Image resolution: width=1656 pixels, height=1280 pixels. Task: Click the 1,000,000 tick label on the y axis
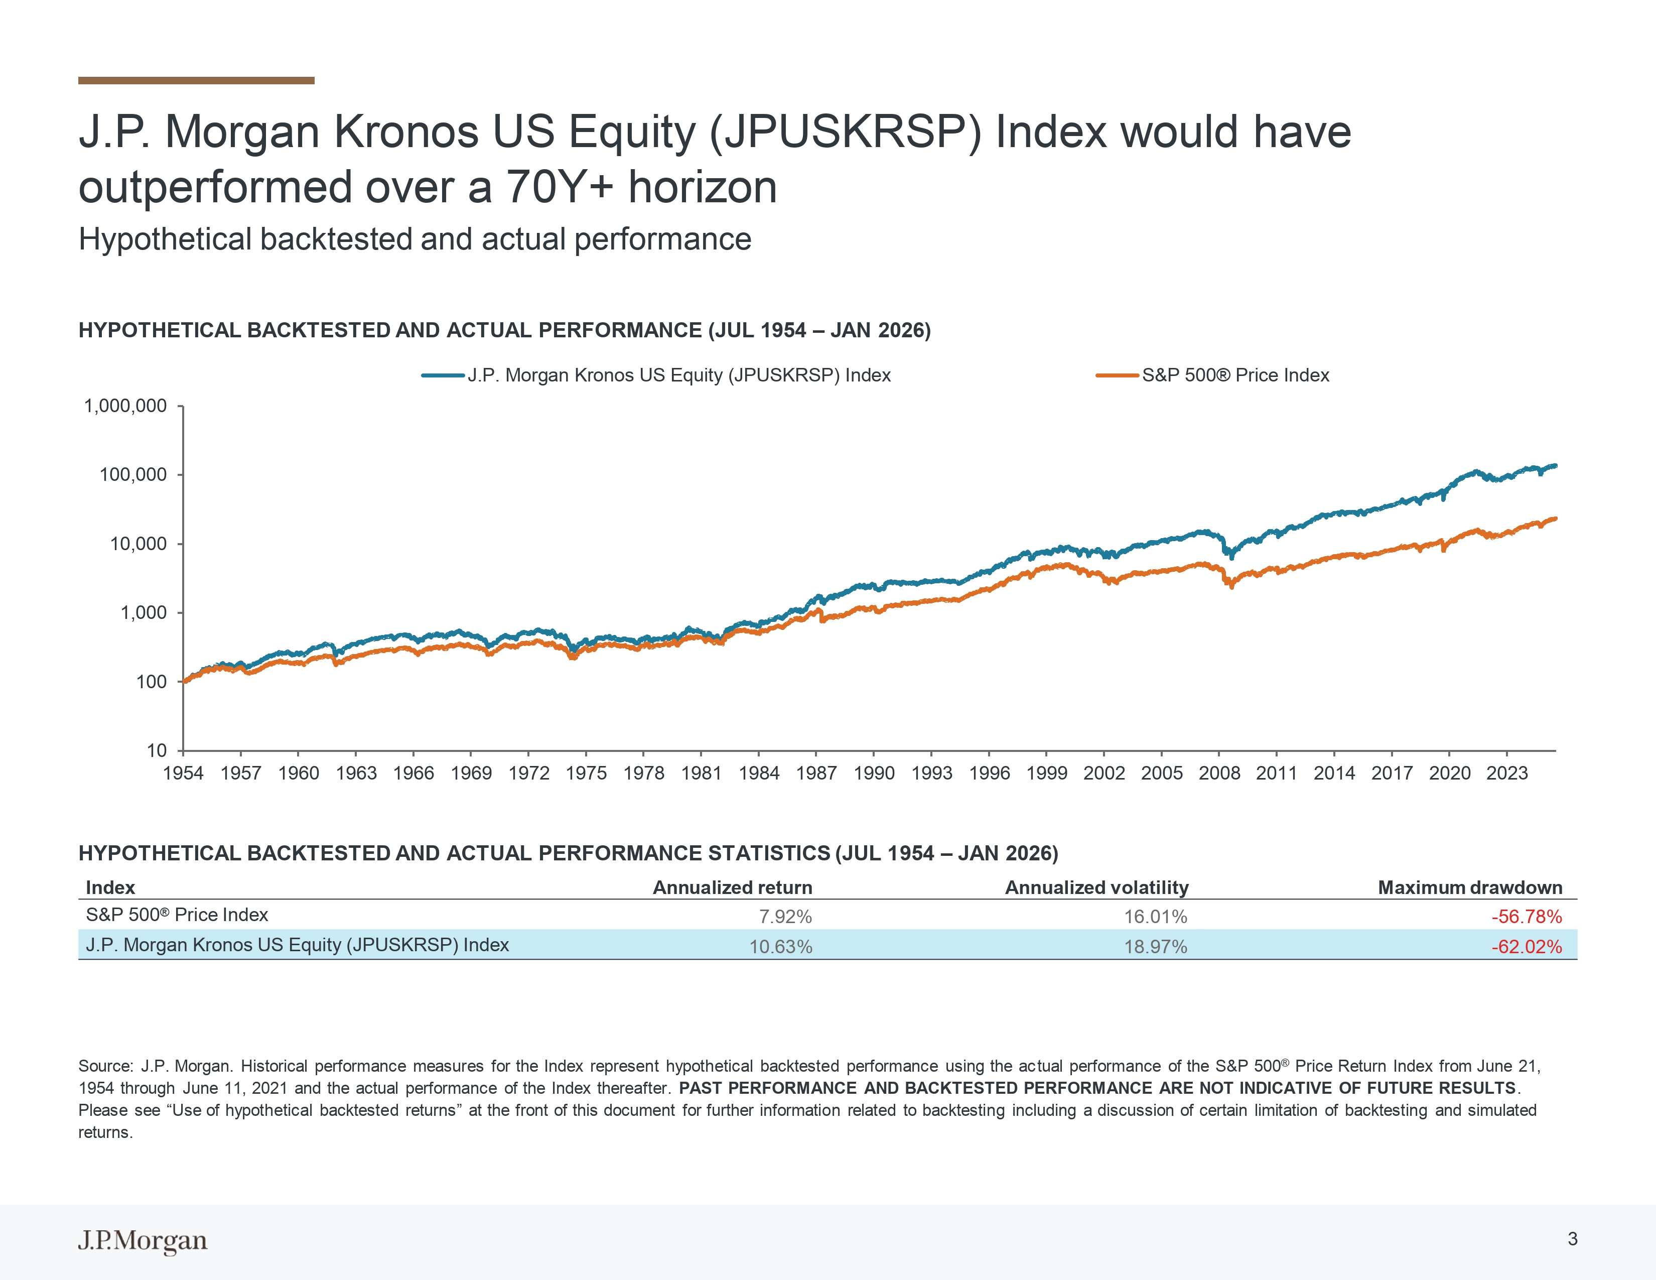[125, 407]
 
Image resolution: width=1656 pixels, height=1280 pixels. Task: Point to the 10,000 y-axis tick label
[138, 544]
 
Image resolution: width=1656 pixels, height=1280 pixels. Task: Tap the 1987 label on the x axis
[816, 774]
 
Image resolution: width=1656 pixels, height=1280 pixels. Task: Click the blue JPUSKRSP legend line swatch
[443, 375]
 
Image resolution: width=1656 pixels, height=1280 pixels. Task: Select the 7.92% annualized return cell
[785, 917]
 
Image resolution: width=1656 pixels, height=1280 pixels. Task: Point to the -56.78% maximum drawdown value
[1527, 917]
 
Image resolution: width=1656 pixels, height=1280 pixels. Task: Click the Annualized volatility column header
[1096, 888]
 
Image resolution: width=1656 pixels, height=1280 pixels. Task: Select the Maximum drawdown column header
[1469, 888]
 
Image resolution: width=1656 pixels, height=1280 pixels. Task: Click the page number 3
[1573, 1239]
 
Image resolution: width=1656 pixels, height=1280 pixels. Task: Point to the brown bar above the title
[196, 80]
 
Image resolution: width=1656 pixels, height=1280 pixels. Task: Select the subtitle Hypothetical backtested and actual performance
[415, 239]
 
